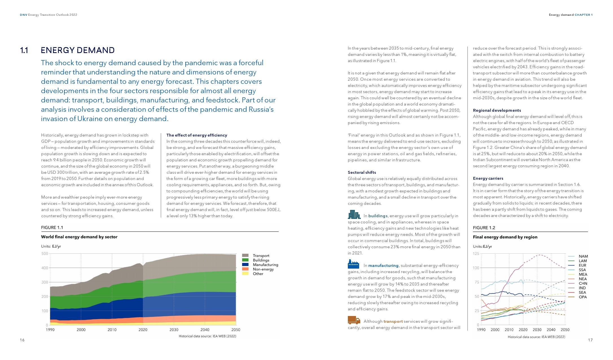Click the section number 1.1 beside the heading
tap(24, 51)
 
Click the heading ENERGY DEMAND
tap(78, 51)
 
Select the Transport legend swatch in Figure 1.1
tap(245, 256)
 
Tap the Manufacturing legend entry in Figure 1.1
tap(265, 265)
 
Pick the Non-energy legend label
tap(263, 269)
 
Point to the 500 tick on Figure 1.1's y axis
tap(45, 254)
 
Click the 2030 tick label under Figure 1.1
tap(174, 330)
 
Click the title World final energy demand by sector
tap(79, 237)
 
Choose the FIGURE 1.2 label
tap(484, 228)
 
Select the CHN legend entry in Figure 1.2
tap(583, 283)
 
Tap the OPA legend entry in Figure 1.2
tap(583, 297)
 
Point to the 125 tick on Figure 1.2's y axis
tap(476, 254)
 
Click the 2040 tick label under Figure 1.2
tap(551, 330)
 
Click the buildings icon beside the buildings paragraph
tap(354, 215)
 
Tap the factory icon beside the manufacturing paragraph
tap(353, 264)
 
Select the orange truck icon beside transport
tap(354, 320)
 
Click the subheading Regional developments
tap(497, 110)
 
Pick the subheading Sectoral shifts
tap(362, 172)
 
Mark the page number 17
tap(590, 340)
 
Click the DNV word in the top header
tap(23, 15)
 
